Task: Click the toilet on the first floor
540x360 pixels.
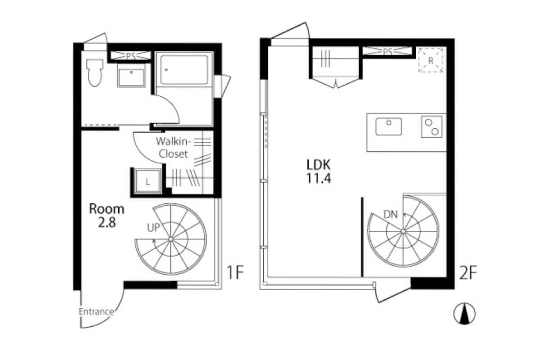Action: [95, 72]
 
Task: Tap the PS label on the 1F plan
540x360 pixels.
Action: [131, 56]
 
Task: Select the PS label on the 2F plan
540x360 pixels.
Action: [387, 52]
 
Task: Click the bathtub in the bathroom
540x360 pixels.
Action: [184, 70]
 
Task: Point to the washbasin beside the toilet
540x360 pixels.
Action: [131, 75]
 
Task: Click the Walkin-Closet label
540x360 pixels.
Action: [173, 148]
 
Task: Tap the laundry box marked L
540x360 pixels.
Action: [148, 181]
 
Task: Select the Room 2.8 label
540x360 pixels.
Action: [107, 216]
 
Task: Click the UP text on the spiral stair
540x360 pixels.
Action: [153, 228]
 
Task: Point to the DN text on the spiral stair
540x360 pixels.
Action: [390, 215]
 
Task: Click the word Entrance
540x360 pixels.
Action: [96, 312]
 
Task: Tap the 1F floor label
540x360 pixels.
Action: [235, 272]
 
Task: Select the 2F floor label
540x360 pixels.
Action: [468, 273]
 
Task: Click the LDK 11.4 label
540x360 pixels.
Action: [319, 172]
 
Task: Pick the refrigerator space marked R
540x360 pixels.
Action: [431, 60]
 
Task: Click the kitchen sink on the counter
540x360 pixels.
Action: [389, 126]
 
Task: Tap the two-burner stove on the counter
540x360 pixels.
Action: [432, 127]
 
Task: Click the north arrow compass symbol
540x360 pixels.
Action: [464, 314]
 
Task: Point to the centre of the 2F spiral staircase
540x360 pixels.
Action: [403, 231]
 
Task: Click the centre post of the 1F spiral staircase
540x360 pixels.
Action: [171, 239]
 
